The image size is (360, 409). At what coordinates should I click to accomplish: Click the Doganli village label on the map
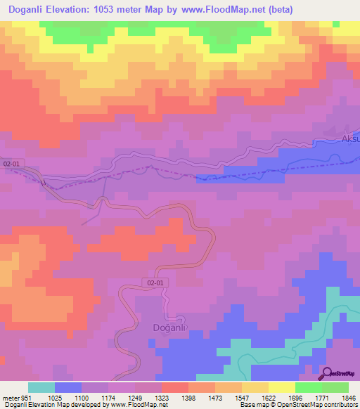[x=168, y=327]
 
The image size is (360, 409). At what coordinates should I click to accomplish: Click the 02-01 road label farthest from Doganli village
[x=12, y=163]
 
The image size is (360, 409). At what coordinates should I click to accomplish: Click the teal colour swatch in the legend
[x=41, y=387]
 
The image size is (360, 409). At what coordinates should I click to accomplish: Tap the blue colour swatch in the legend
[x=68, y=387]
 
